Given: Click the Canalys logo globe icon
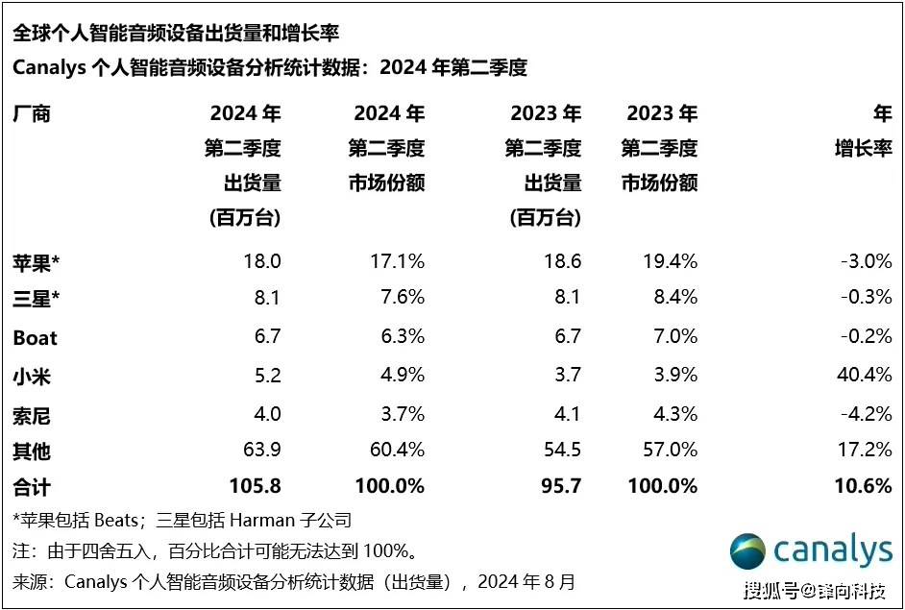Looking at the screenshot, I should point(747,550).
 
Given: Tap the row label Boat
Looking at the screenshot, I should point(35,338).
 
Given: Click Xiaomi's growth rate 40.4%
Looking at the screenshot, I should point(864,375).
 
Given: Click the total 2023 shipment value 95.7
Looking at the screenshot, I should point(558,486).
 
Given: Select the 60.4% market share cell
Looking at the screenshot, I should point(396,450).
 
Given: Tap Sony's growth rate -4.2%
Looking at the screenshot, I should point(866,413).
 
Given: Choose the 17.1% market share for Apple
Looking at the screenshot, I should point(396,261).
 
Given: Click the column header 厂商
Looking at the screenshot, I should point(31,114).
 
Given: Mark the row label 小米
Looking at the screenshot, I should point(32,376).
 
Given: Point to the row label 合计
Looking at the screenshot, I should point(32,487).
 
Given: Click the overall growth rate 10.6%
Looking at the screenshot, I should point(864,486).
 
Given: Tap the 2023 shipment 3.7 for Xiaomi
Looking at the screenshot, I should point(566,375).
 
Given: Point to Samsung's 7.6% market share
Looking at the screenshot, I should point(401,298).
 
